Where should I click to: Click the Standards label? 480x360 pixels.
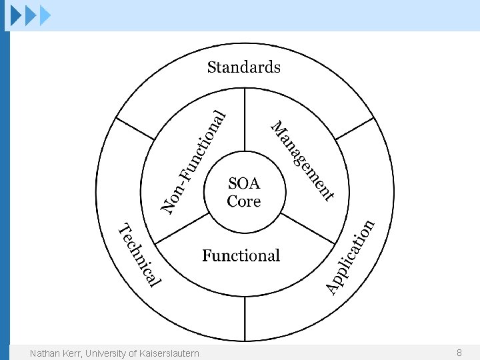coord(243,67)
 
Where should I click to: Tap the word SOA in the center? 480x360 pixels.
coord(244,183)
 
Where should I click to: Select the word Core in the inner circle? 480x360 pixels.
coord(244,201)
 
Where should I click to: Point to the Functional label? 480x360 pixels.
coord(241,256)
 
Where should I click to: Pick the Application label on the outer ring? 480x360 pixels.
coord(351,257)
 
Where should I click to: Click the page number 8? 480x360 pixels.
coord(459,352)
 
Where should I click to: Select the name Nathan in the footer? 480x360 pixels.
coord(44,353)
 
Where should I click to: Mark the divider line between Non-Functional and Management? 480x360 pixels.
coord(244,120)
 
